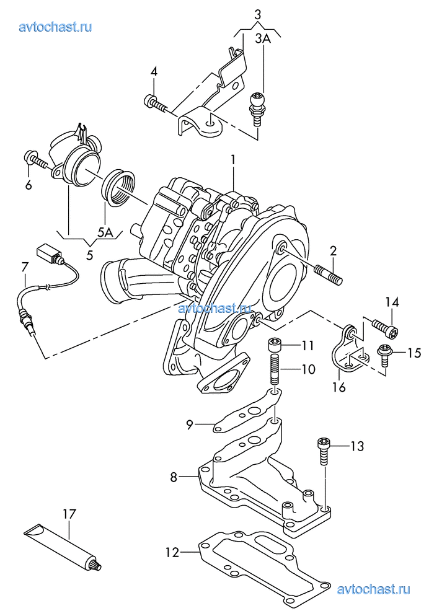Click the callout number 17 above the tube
pos(69,514)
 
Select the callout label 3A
pos(263,38)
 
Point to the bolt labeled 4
pos(156,103)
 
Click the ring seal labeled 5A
pos(118,188)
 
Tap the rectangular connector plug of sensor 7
pos(47,253)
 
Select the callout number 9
pos(190,425)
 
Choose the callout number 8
pos(174,477)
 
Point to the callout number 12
pos(172,552)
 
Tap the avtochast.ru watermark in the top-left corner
pos(55,27)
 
